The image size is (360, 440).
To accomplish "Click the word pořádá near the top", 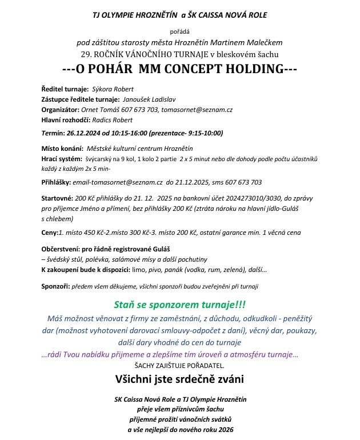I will click(x=179, y=31).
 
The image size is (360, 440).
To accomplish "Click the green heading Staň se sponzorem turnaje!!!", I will click(x=180, y=303).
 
